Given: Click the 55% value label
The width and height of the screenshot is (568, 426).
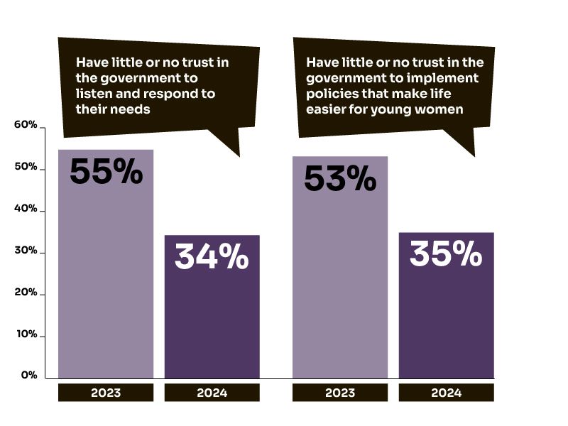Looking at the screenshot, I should (x=106, y=171).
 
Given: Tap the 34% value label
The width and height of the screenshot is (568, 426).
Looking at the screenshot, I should (x=212, y=257).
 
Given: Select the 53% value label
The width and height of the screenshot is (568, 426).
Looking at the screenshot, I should (x=340, y=178).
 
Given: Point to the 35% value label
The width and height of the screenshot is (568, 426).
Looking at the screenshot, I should (x=446, y=254).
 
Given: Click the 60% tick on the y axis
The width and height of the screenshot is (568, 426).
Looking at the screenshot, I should (x=26, y=125).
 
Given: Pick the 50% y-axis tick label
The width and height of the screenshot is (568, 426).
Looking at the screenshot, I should (x=26, y=167).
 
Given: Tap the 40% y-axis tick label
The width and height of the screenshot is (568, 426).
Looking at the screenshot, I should (x=26, y=209).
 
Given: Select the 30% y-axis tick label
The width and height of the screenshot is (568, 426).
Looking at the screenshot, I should (x=26, y=251).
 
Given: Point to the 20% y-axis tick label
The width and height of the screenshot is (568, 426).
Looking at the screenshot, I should (x=26, y=293).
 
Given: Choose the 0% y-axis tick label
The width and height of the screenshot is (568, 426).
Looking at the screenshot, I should (x=28, y=375).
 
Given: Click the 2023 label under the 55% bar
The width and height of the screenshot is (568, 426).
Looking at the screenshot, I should (x=106, y=393).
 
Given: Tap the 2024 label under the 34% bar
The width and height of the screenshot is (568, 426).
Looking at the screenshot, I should (x=212, y=393).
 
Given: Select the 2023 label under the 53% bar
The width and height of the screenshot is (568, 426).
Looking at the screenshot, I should (x=340, y=393).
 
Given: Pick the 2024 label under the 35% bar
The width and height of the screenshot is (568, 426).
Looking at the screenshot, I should (x=446, y=393).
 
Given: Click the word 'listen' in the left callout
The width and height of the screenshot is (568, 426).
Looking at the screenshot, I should (x=93, y=94).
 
